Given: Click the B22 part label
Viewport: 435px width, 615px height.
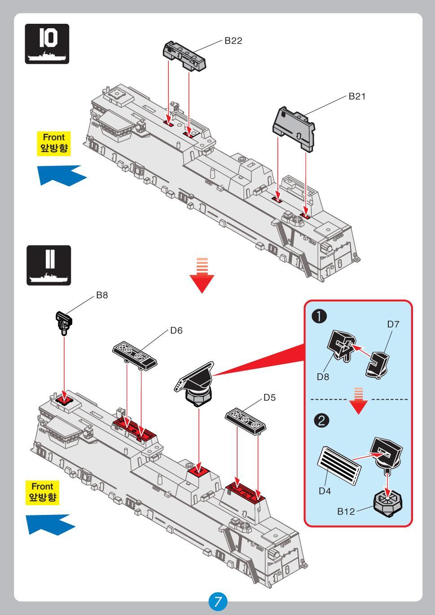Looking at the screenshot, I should tap(233, 41).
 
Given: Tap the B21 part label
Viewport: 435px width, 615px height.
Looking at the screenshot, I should tap(357, 96).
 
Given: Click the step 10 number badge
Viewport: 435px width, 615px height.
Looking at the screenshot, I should tap(47, 44).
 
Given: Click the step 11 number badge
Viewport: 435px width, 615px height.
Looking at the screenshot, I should tap(48, 265).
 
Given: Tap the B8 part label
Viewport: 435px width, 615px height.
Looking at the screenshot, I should tap(102, 296).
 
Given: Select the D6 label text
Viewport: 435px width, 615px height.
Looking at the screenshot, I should tap(176, 331).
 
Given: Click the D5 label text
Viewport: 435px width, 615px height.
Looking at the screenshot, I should tap(269, 397).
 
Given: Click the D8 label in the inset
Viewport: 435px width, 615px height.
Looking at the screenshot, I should tap(323, 377).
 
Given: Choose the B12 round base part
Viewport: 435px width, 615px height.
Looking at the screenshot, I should tap(388, 504).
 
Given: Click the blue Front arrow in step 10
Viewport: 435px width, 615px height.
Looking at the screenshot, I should tap(61, 174).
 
